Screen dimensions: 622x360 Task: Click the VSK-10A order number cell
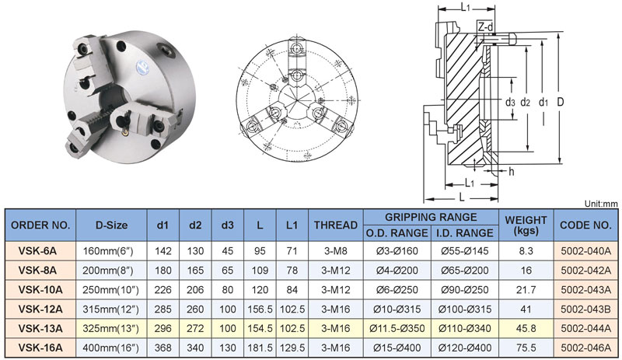click(x=40, y=290)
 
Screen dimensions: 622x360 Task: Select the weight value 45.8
click(x=526, y=329)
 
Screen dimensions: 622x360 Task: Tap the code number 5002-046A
click(x=585, y=348)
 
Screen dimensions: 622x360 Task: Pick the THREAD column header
click(x=336, y=225)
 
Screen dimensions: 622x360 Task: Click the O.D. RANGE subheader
click(x=397, y=233)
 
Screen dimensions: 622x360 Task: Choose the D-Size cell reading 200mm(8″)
click(x=108, y=271)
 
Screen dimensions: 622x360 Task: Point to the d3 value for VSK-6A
click(x=227, y=251)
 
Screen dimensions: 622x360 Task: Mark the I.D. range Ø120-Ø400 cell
click(x=464, y=348)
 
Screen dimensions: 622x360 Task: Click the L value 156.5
click(x=260, y=309)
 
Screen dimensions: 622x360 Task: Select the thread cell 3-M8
click(x=336, y=251)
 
